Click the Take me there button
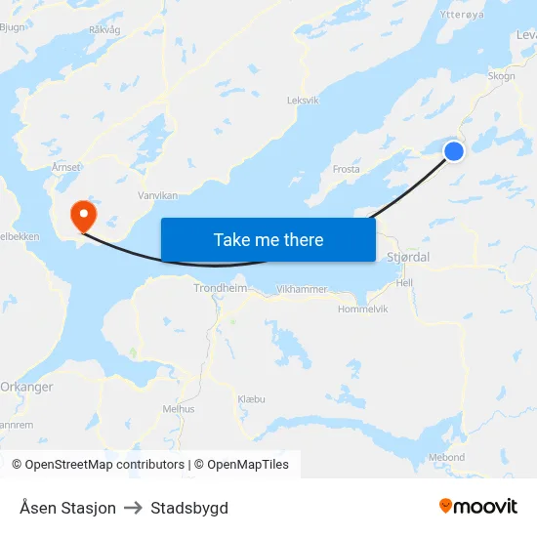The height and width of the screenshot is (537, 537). pos(268,240)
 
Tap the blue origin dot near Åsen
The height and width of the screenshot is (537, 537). pos(454,150)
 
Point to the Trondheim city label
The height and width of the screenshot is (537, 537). pos(220,288)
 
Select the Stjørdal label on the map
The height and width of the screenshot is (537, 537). pos(408,257)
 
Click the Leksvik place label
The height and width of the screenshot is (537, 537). pos(303,100)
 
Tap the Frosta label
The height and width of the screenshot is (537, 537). pos(347,169)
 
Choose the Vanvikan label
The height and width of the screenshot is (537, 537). pos(157,195)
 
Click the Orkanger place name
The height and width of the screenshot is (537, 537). pos(26,387)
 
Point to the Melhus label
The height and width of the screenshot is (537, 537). pos(179,409)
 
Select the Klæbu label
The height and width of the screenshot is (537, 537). pos(251,399)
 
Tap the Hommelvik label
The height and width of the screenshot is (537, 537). pos(362,309)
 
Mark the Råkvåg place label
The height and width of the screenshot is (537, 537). pos(104,30)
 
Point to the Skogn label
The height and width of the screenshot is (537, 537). pos(501,76)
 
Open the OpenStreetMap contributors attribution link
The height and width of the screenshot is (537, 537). pos(104,465)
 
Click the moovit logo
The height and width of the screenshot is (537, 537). pos(477,507)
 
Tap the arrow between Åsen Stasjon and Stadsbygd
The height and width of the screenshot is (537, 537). pos(133,508)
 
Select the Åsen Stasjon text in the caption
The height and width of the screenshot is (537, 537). pos(67,508)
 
